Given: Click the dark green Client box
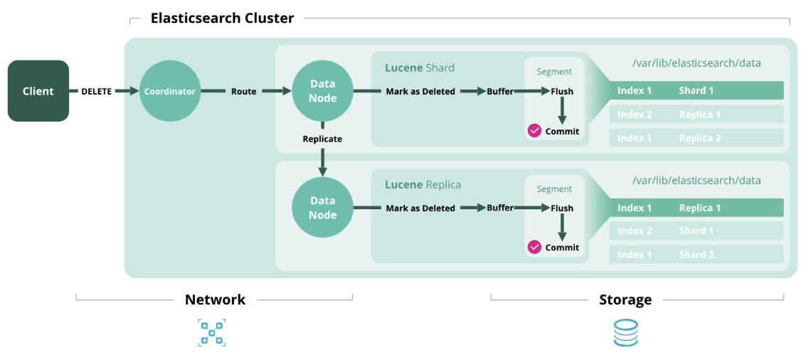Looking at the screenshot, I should [38, 91].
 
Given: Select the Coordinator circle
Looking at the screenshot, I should [169, 91].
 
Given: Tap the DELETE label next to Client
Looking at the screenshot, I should [96, 91].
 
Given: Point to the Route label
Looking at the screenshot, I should [243, 91].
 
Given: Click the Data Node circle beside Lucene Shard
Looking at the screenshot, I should [322, 91].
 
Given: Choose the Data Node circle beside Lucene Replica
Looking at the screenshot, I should [322, 208].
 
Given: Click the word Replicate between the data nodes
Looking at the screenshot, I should [322, 139].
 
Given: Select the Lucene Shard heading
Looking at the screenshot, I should [419, 68].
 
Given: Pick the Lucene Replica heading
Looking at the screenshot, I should [423, 185].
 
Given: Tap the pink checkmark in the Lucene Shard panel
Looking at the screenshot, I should [534, 131].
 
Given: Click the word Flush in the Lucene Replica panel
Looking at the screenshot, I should [561, 208].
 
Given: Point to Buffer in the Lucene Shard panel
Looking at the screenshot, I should [500, 91].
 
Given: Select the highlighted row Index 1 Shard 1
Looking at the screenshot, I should [696, 90].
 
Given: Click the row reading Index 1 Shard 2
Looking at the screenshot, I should [696, 255].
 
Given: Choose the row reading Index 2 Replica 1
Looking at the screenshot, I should [696, 115].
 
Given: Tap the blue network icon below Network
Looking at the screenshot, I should [211, 332].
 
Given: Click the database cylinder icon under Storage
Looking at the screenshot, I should [625, 332].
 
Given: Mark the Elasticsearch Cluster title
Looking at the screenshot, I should [222, 18].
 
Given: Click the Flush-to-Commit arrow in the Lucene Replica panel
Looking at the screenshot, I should [561, 227].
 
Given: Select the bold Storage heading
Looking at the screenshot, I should [625, 300].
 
